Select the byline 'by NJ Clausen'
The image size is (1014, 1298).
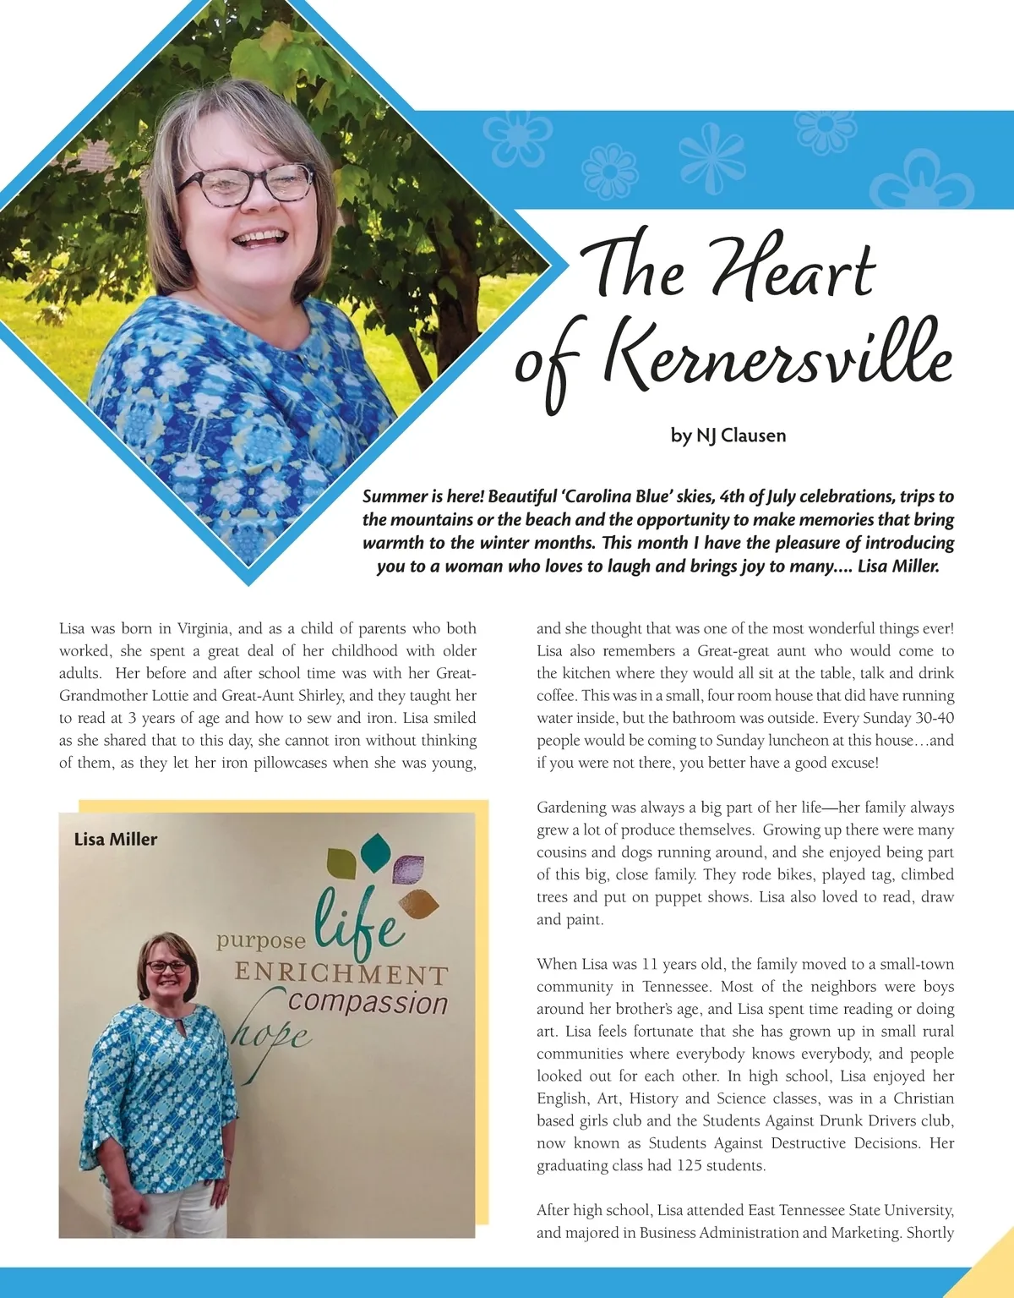[728, 436]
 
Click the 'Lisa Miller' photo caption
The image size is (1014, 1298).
[116, 840]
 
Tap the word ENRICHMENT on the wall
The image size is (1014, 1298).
[341, 974]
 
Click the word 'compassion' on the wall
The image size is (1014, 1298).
[368, 1004]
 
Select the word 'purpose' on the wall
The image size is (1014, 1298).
[261, 941]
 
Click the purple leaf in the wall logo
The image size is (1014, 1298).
[408, 869]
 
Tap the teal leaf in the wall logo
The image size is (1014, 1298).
[373, 848]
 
